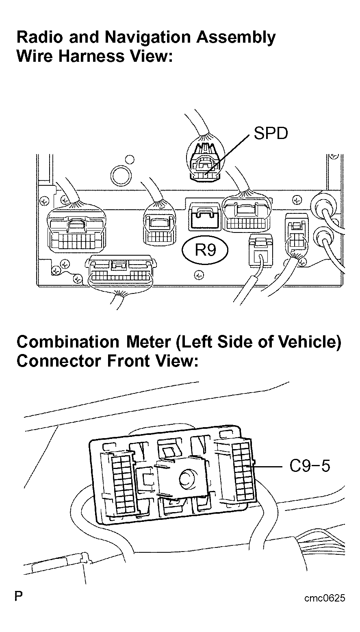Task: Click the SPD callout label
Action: pos(271,133)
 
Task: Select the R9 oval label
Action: pos(206,250)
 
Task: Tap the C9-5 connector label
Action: pos(310,466)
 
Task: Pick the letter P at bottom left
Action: pos(19,597)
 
